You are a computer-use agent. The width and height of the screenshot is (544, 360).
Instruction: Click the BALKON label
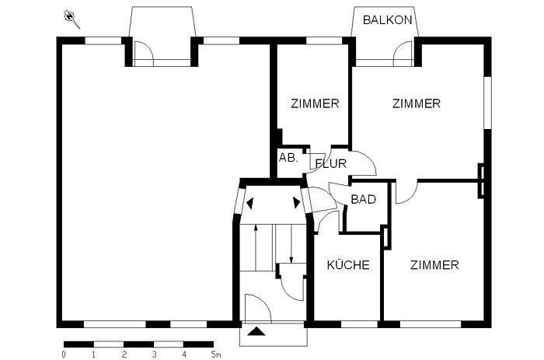[x=388, y=20]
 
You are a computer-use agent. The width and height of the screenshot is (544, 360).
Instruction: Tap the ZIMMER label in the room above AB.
[x=315, y=103]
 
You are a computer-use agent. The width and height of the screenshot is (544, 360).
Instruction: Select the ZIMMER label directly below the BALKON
[x=416, y=103]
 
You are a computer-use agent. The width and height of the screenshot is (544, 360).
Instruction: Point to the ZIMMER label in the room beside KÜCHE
[x=434, y=265]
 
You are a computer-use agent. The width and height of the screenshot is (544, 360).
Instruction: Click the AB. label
[x=288, y=157]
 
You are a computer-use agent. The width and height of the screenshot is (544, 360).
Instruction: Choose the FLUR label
[x=330, y=164]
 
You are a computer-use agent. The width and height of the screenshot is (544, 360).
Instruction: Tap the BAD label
[x=363, y=200]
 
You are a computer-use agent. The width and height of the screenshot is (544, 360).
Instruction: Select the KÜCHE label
[x=347, y=265]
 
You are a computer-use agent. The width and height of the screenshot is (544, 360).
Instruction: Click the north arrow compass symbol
[x=71, y=16]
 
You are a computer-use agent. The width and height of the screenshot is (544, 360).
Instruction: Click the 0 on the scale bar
[x=64, y=355]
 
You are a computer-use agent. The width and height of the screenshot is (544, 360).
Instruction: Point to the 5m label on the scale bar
[x=216, y=355]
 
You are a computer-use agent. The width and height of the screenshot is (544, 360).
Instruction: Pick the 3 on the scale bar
[x=154, y=355]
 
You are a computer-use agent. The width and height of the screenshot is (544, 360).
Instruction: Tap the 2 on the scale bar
[x=124, y=355]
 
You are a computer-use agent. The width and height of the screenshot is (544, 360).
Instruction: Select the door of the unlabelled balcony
[x=145, y=52]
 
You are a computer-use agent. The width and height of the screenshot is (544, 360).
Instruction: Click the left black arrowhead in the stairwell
[x=250, y=203]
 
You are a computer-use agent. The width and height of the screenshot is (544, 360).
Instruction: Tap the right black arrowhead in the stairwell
[x=296, y=203]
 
